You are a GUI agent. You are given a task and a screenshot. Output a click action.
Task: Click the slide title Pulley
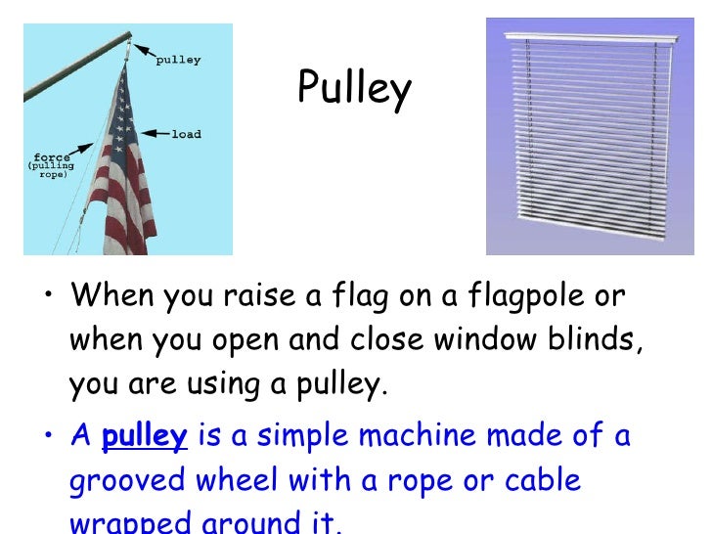coord(354,89)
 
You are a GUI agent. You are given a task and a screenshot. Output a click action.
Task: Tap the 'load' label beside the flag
coord(186,134)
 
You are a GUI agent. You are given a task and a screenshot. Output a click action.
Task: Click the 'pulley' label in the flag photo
coord(178,59)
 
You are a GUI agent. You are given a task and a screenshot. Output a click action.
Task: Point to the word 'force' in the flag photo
coord(50,156)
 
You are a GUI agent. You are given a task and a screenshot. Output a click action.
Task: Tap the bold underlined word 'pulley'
coord(144,436)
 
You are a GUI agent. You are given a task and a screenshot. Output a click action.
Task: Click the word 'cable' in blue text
coord(547,481)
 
